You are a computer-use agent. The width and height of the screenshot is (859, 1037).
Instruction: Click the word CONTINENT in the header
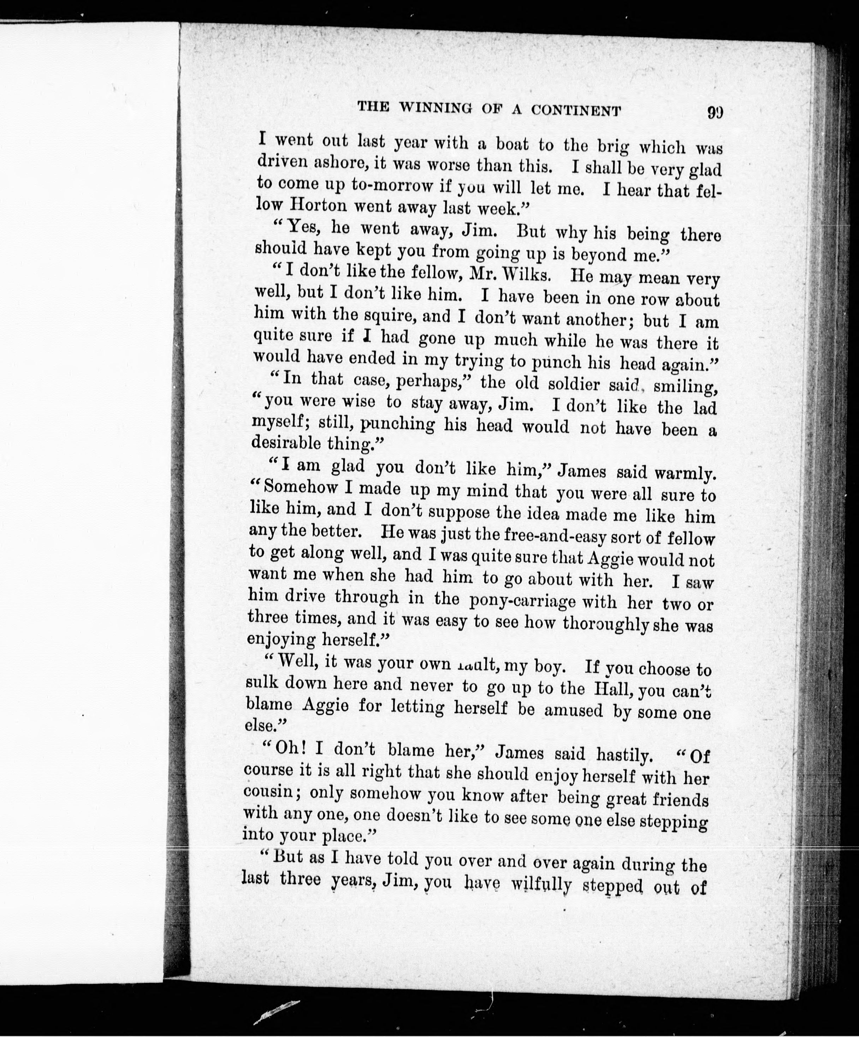pyautogui.click(x=576, y=111)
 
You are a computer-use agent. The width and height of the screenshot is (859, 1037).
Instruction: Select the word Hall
pyautogui.click(x=614, y=688)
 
